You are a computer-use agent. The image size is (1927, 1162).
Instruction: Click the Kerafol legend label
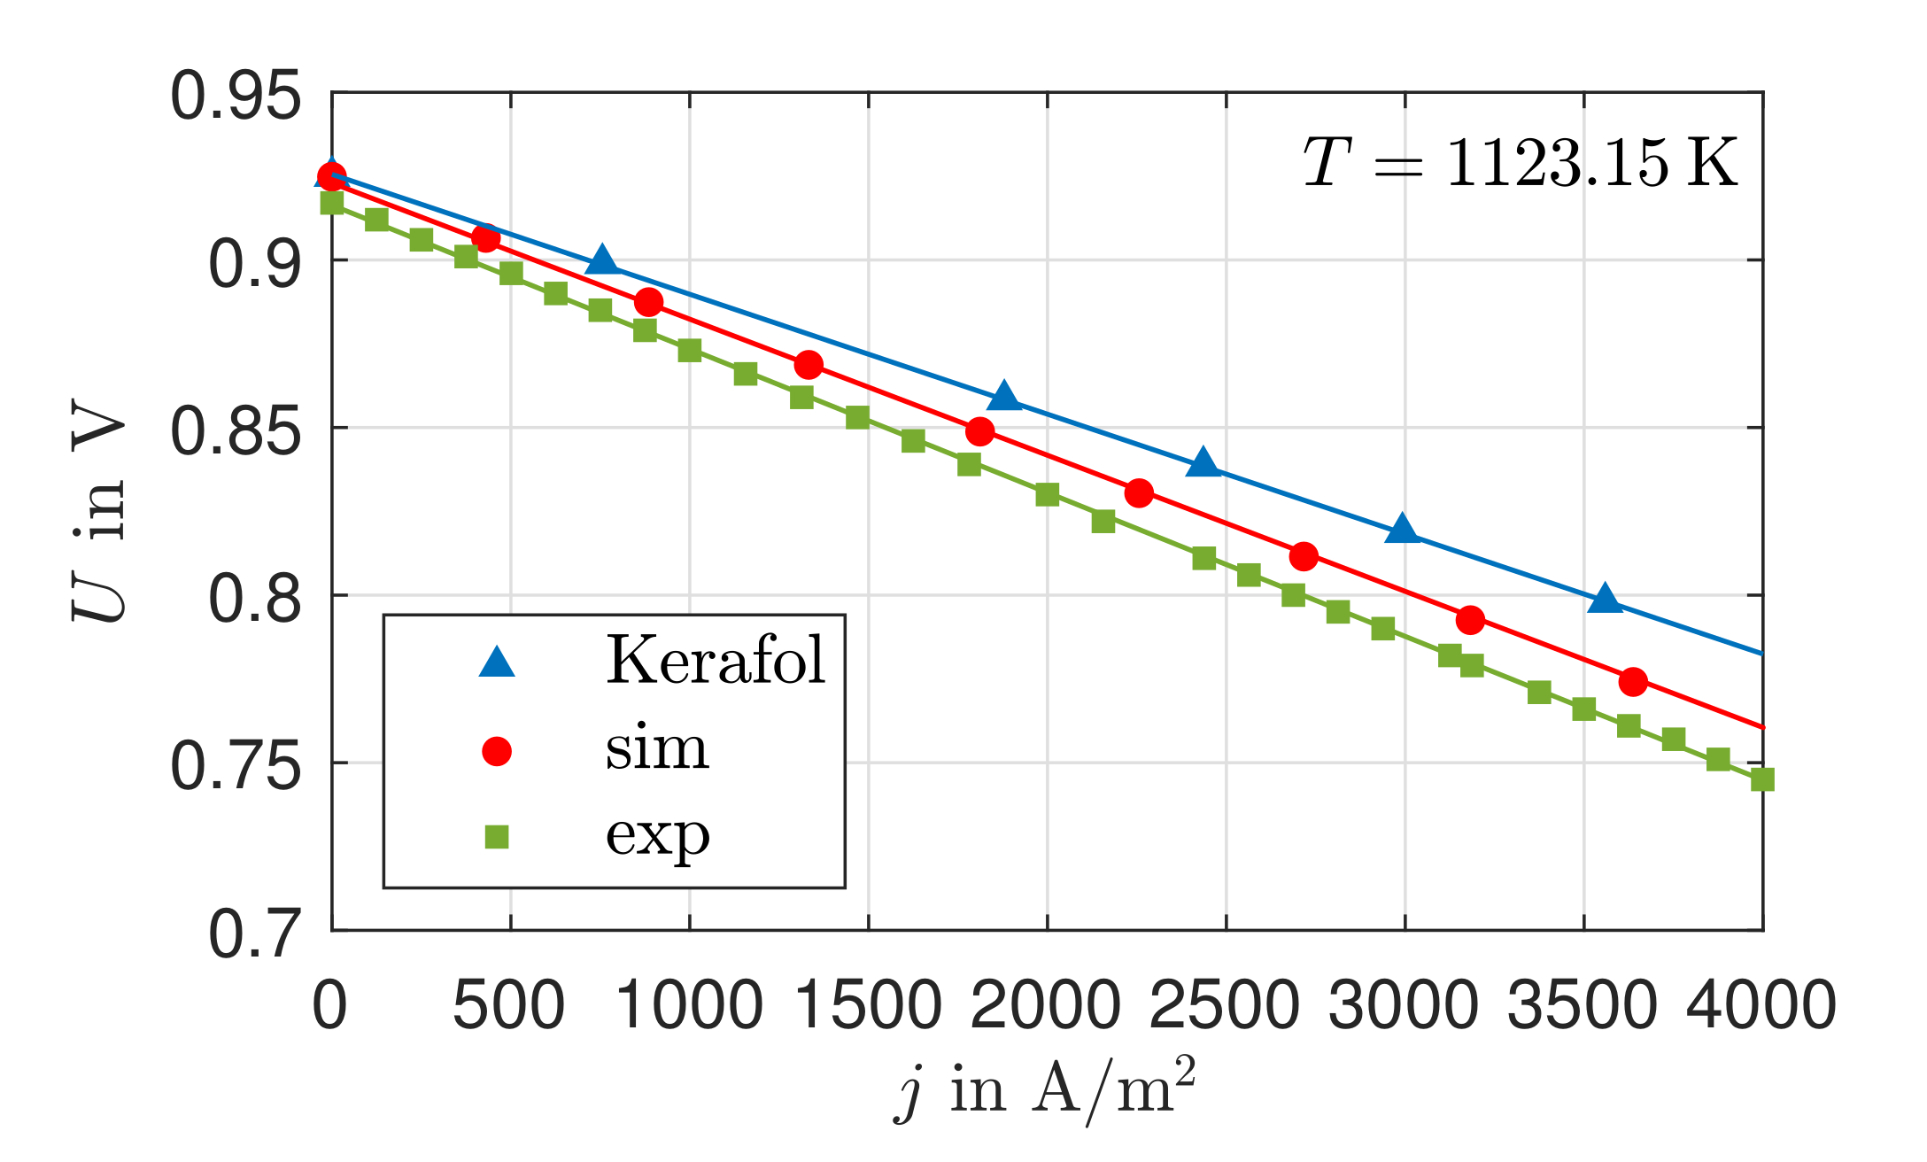(x=715, y=661)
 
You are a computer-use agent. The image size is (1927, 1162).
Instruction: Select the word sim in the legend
(x=657, y=748)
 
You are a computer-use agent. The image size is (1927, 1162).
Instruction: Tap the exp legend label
(x=657, y=834)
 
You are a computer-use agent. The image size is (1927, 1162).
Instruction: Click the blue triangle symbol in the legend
(x=497, y=663)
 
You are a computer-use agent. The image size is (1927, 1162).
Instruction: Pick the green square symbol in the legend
(x=497, y=837)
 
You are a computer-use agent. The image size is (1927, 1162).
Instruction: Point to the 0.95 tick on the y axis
(x=235, y=96)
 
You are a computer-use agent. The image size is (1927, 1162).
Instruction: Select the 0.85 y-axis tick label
(x=235, y=430)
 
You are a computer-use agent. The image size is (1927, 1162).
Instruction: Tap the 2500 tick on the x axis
(x=1225, y=1006)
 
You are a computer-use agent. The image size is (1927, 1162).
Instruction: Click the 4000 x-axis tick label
(x=1761, y=1006)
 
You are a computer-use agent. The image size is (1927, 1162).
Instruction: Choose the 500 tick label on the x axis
(x=509, y=1006)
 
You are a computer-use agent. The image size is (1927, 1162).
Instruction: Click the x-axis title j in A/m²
(x=1045, y=1091)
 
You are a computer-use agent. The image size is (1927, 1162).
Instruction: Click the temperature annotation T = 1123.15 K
(x=1520, y=163)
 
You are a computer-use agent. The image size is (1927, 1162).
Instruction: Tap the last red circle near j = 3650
(x=1633, y=682)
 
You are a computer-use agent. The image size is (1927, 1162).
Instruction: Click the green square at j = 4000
(x=1762, y=779)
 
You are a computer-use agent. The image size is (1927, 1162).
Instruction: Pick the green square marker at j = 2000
(x=1047, y=494)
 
